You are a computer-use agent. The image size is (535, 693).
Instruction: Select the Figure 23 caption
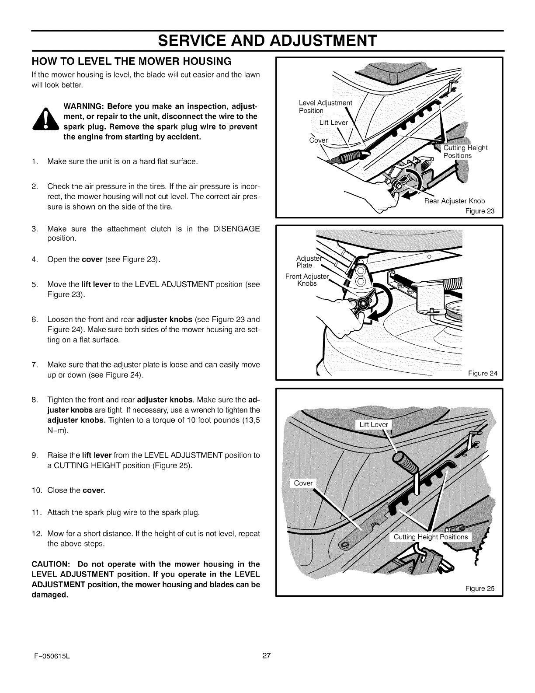(x=479, y=211)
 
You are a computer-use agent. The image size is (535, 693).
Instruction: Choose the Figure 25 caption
(x=479, y=588)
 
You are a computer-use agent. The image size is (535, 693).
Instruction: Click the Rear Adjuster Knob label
(x=455, y=201)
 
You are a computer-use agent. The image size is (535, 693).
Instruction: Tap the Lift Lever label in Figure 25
(x=373, y=424)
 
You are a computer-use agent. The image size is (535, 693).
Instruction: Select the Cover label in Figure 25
(x=303, y=483)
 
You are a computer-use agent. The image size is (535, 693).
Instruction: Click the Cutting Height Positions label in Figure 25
(x=430, y=537)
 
